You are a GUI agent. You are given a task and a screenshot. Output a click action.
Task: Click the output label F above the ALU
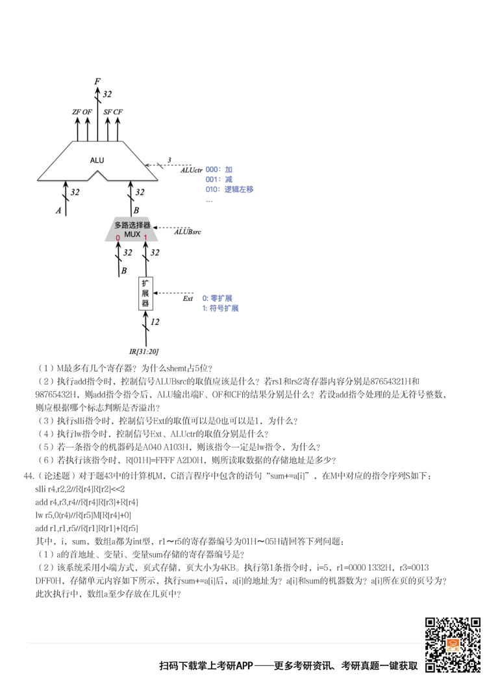pos(97,82)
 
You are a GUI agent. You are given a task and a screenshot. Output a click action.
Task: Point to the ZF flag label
pos(77,112)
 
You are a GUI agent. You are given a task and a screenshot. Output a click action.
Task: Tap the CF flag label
pos(118,112)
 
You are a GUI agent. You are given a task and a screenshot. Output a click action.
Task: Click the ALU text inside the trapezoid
pos(97,160)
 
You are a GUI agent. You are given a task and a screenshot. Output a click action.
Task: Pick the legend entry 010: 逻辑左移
pos(229,189)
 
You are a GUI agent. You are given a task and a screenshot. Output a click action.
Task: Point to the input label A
pos(59,211)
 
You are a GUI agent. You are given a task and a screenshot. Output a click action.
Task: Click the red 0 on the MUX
pos(118,238)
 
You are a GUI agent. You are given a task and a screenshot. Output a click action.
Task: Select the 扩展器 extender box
pos(146,294)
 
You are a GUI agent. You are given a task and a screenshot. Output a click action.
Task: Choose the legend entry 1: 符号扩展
pos(220,308)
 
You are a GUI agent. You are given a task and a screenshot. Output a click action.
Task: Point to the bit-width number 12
pos(155,322)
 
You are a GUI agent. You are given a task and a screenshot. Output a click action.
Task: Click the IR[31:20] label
pos(143,351)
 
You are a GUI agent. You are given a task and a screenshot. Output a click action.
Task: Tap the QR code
pos(453,645)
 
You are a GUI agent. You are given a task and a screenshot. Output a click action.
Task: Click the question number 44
pos(29,476)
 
